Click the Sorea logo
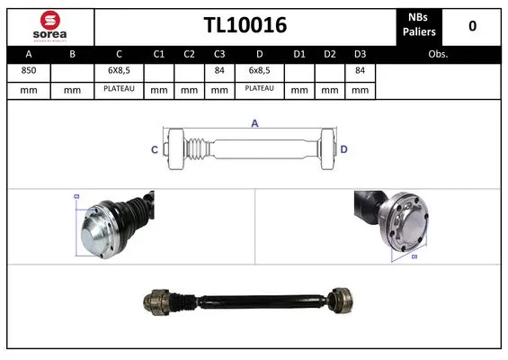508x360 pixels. (49, 25)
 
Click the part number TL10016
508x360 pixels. (245, 25)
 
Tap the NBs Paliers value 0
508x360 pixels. (472, 25)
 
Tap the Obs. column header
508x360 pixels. (438, 54)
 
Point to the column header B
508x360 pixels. (73, 54)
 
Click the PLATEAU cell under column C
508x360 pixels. (119, 89)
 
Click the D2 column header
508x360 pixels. (330, 54)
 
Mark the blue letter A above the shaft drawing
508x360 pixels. (254, 124)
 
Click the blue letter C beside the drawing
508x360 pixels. (155, 149)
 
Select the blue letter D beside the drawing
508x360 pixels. (344, 149)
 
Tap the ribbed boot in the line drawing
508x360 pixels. (192, 149)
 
